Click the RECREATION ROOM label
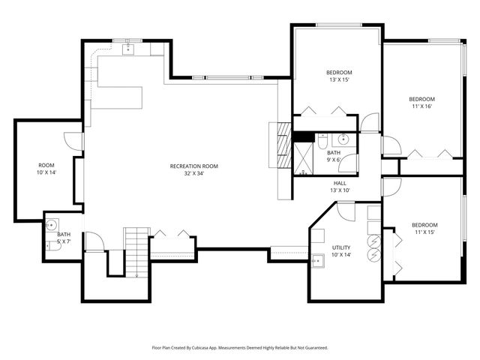tap(193, 166)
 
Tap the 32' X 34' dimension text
tap(193, 173)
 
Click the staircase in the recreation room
tap(135, 250)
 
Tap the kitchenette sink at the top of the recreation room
tap(127, 49)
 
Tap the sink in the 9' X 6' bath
tap(343, 139)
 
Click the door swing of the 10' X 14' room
tap(73, 142)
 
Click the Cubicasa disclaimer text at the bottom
tap(240, 348)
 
